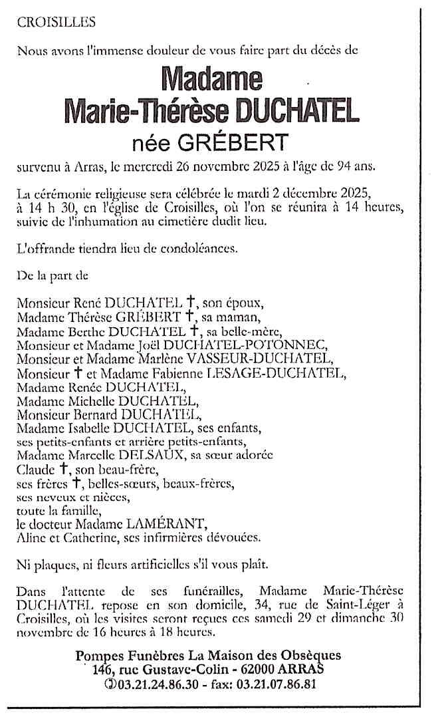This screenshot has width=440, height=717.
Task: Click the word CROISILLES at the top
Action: [x=56, y=23]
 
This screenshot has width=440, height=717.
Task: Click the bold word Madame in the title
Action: [x=212, y=79]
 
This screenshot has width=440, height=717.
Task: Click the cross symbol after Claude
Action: [x=61, y=470]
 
